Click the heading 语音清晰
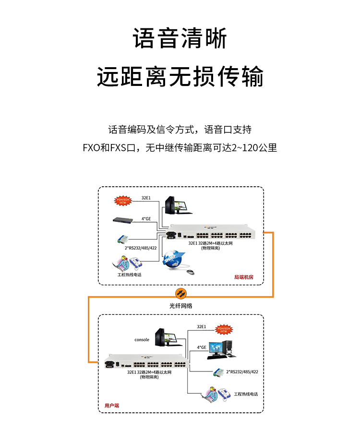coord(180,39)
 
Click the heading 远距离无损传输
coord(180,76)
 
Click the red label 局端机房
coord(243,276)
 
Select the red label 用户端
coord(112,406)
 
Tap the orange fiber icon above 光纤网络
coord(180,292)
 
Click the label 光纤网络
coord(180,305)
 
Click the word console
coord(142,340)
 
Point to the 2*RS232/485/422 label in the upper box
coord(141,248)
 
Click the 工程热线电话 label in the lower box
coord(246,394)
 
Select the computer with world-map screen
coord(223,349)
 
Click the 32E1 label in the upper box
coord(146,197)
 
